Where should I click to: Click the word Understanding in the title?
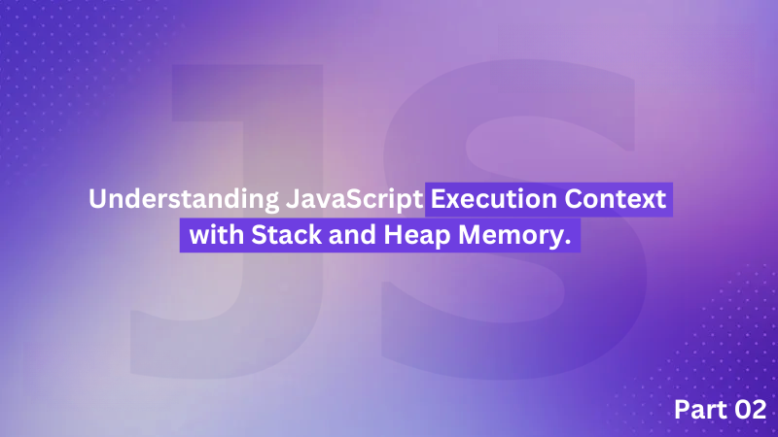pyautogui.click(x=184, y=200)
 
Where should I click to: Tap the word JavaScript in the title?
pyautogui.click(x=354, y=200)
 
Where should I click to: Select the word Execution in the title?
pyautogui.click(x=494, y=199)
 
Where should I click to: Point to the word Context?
pyautogui.click(x=616, y=199)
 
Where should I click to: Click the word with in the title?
pyautogui.click(x=217, y=234)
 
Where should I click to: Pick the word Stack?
pyautogui.click(x=286, y=234)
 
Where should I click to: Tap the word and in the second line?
pyautogui.click(x=352, y=234)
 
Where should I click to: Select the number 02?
pyautogui.click(x=750, y=410)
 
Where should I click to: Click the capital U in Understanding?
pyautogui.click(x=97, y=199)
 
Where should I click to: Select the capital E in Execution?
pyautogui.click(x=438, y=199)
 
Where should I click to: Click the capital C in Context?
pyautogui.click(x=574, y=199)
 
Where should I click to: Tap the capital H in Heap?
pyautogui.click(x=393, y=234)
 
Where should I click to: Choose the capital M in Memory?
pyautogui.click(x=471, y=234)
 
